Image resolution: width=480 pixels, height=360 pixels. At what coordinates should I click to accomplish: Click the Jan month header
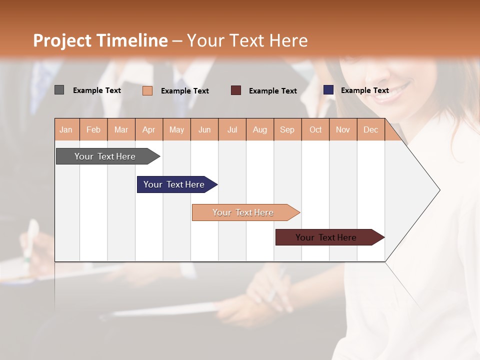coord(66,130)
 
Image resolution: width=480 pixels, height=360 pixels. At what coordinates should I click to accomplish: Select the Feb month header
coord(93,130)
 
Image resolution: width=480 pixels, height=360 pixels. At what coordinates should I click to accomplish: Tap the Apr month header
coord(148,130)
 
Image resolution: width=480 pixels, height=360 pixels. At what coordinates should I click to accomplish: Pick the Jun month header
coord(204,130)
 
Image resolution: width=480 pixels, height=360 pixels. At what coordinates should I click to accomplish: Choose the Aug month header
coord(259,130)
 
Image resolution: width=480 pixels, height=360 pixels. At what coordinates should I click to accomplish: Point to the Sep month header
coord(287,130)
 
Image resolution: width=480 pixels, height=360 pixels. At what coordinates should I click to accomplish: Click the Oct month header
coord(315,130)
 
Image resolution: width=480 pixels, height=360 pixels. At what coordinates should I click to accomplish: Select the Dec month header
coord(370,130)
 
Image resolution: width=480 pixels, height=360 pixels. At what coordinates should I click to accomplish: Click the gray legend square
coord(59,90)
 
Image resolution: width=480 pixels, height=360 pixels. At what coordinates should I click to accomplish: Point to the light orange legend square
coord(147,90)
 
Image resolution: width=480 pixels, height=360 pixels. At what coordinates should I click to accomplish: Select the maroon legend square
coord(236,90)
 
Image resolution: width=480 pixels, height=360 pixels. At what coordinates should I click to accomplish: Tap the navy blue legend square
coord(328,90)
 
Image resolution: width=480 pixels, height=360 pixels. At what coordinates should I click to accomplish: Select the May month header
coord(176,130)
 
